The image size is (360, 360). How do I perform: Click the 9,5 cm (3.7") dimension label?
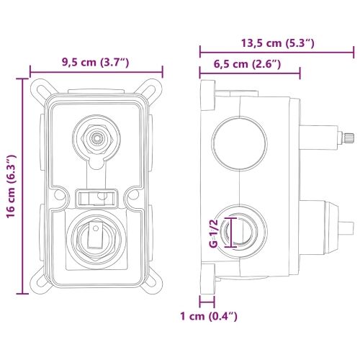pyautogui.click(x=96, y=63)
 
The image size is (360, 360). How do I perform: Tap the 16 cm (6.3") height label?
pyautogui.click(x=12, y=186)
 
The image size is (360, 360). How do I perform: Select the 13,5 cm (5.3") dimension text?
pyautogui.click(x=278, y=43)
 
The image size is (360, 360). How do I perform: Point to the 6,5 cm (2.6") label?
pyautogui.click(x=247, y=64)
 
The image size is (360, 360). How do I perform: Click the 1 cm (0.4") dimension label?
pyautogui.click(x=209, y=316)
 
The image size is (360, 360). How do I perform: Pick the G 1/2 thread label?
pyautogui.click(x=213, y=233)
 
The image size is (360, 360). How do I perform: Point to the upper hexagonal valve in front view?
pyautogui.click(x=96, y=138)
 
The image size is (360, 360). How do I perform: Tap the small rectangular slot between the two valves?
pyautogui.click(x=96, y=198)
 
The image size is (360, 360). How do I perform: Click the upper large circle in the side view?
pyautogui.click(x=240, y=143)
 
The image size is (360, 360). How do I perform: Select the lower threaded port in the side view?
pyautogui.click(x=240, y=232)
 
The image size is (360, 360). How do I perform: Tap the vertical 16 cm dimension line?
pyautogui.click(x=22, y=186)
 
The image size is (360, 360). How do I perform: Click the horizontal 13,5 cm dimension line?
pyautogui.click(x=276, y=53)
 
